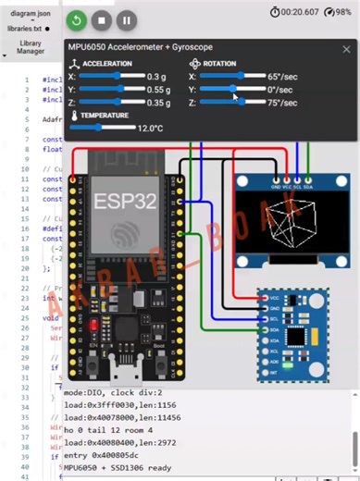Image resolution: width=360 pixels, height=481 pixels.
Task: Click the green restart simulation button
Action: point(78,19)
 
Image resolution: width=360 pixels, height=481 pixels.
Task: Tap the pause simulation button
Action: point(127,19)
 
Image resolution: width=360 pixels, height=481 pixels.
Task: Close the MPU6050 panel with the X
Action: point(346,49)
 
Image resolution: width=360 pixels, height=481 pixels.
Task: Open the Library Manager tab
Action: point(30,48)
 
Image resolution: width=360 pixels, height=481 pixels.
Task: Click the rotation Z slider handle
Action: point(242,103)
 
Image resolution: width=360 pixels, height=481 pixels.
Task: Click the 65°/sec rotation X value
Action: point(281,76)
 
